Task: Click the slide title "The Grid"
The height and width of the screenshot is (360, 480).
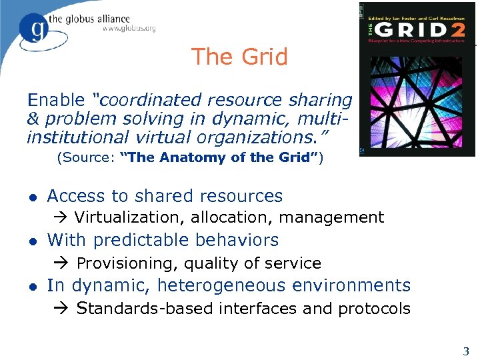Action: pos(239,57)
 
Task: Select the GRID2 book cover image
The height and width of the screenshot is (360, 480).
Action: pos(417,79)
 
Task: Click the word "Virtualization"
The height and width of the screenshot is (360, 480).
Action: pos(129,217)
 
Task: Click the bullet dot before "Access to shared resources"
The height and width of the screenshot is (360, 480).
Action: pos(33,197)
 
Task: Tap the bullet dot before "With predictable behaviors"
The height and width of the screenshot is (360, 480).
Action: pos(33,241)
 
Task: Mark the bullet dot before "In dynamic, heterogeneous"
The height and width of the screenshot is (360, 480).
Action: pos(33,287)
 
